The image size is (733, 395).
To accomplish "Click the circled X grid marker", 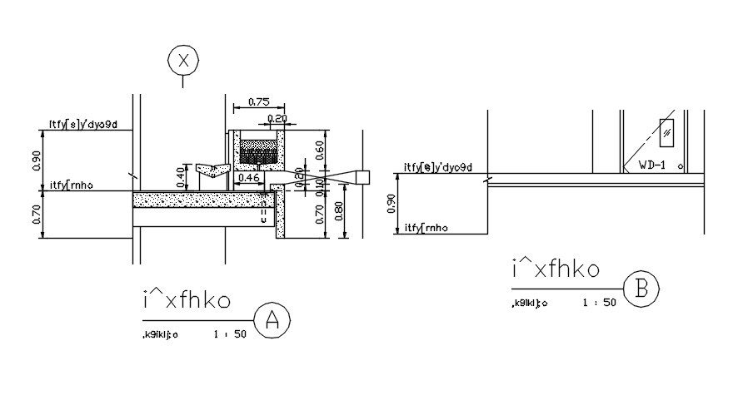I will pos(183,60).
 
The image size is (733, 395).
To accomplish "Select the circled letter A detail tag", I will pos(272,320).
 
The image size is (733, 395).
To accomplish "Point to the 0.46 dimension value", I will pos(249,178).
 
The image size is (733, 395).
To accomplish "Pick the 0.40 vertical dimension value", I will pos(179,176).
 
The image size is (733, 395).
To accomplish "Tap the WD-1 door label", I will pos(653,165).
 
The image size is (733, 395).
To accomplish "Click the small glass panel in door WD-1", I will pos(668,131).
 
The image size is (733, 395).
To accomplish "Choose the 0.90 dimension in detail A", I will pos(35,160).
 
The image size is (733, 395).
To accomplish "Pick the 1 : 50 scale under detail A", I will pos(230,335).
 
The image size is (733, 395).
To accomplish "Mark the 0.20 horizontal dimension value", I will pos(277,119).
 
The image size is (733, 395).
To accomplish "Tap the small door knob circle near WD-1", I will pos(681,165).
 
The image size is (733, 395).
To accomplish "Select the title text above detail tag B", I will pos(555,270).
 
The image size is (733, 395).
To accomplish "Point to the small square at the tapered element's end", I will pos(362,176).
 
